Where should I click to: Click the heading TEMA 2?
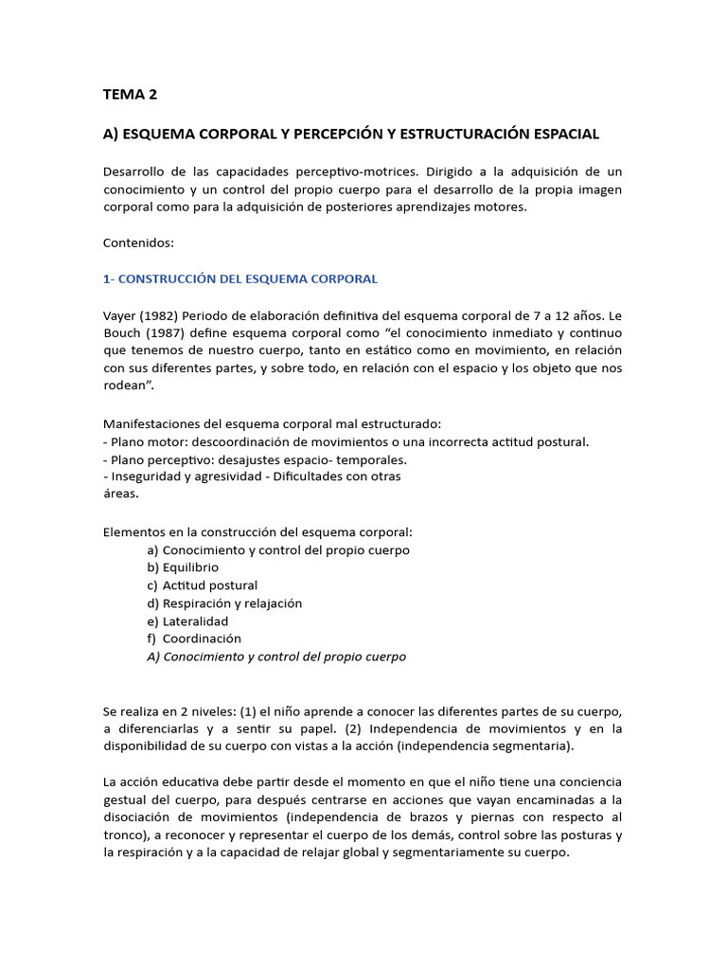(x=131, y=94)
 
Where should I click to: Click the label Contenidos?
(x=138, y=242)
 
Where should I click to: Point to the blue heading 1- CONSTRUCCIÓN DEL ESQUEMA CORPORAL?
(x=240, y=278)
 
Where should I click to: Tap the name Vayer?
(x=120, y=314)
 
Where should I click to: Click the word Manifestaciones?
(x=153, y=423)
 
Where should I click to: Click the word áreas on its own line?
(x=120, y=494)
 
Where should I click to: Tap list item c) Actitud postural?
(x=202, y=585)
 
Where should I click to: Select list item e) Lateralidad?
(x=187, y=621)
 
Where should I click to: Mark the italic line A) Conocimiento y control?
(x=276, y=656)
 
